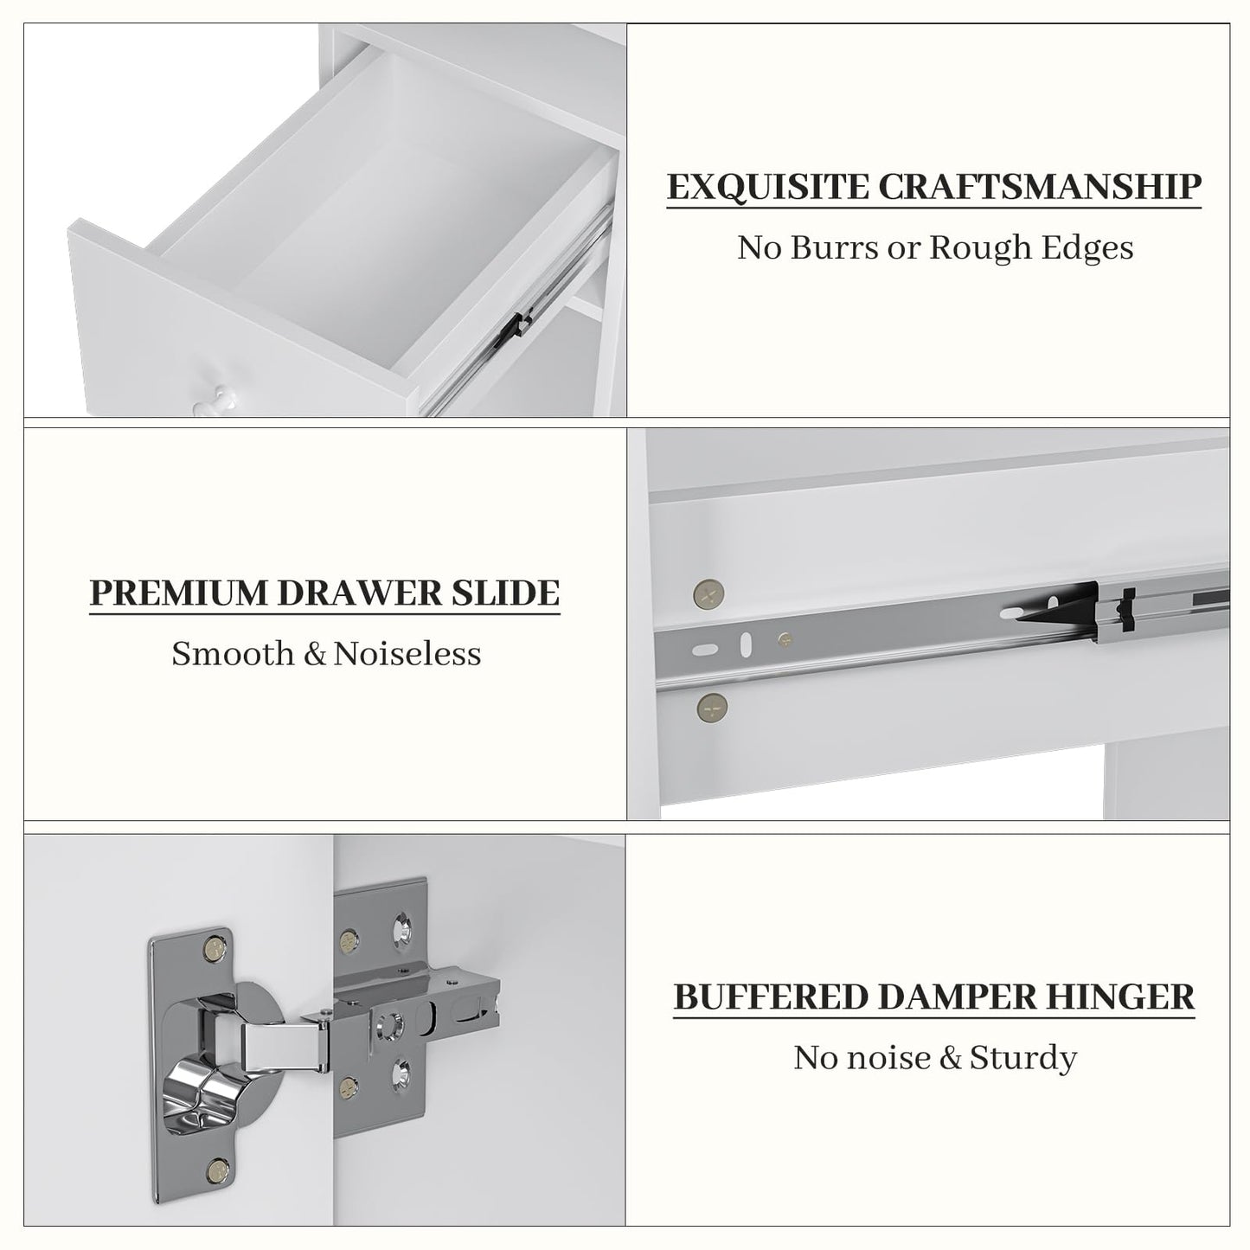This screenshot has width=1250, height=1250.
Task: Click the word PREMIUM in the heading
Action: (178, 593)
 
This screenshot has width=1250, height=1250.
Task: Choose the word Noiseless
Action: (407, 654)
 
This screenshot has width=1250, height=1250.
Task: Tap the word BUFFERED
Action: (771, 997)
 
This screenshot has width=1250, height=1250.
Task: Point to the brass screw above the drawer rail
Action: (709, 593)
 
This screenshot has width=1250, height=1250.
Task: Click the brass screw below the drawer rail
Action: (712, 707)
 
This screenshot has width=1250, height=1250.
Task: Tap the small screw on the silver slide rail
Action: (785, 639)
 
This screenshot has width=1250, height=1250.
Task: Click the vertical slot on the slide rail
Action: (746, 645)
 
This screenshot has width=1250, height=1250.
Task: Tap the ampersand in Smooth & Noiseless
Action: (315, 654)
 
